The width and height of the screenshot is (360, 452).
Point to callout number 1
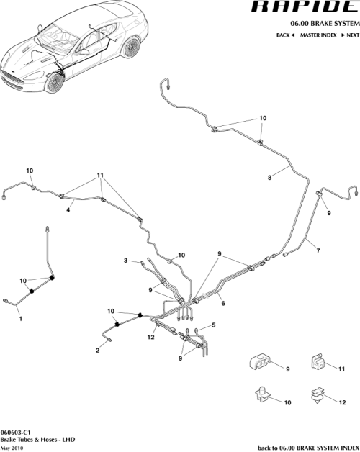pyautogui.click(x=19, y=317)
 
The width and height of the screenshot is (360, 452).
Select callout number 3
pyautogui.click(x=125, y=260)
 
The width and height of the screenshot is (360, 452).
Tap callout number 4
pyautogui.click(x=68, y=210)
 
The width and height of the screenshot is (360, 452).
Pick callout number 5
pyautogui.click(x=213, y=326)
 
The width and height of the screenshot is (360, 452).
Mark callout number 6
pyautogui.click(x=223, y=304)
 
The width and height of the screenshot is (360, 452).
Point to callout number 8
pyautogui.click(x=270, y=176)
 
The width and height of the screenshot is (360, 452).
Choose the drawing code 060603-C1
pyautogui.click(x=17, y=432)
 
